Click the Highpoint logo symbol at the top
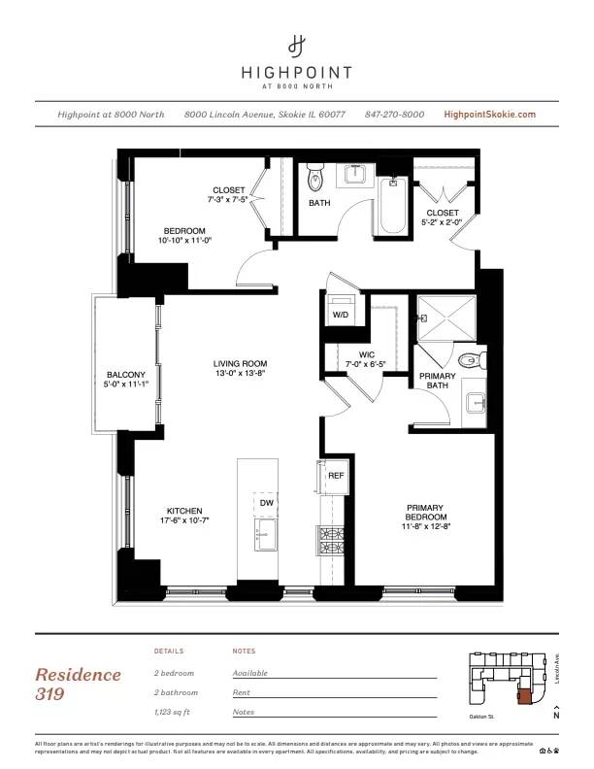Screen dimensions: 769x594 [297, 45]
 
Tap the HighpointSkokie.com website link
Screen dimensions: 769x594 [489, 115]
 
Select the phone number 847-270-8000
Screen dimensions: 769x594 [394, 115]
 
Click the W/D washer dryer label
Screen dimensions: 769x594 [342, 315]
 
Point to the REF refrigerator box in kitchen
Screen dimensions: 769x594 [336, 477]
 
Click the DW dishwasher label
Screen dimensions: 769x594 [266, 503]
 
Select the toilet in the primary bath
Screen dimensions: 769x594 [469, 360]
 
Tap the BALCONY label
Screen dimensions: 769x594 [126, 375]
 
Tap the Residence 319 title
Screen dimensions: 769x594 [79, 684]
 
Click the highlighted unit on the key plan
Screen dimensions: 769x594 [524, 693]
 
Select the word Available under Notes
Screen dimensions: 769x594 [250, 673]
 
